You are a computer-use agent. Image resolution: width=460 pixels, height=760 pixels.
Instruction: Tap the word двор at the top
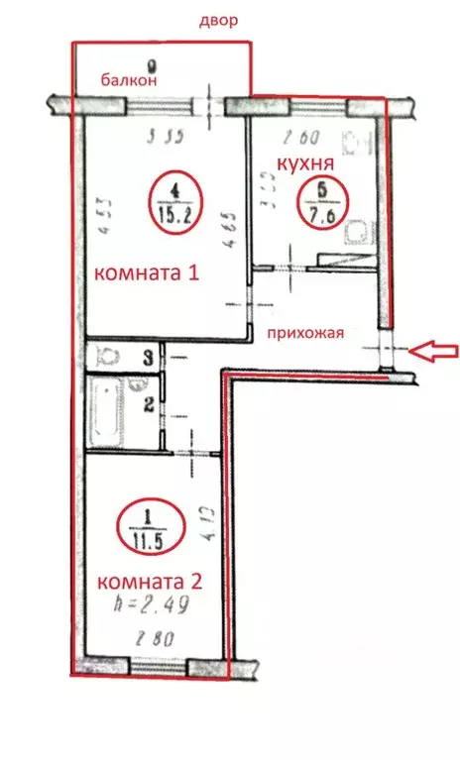click(219, 21)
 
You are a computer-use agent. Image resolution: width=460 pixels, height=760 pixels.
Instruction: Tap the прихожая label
click(305, 333)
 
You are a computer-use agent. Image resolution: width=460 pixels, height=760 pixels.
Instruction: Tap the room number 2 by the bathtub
click(147, 403)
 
